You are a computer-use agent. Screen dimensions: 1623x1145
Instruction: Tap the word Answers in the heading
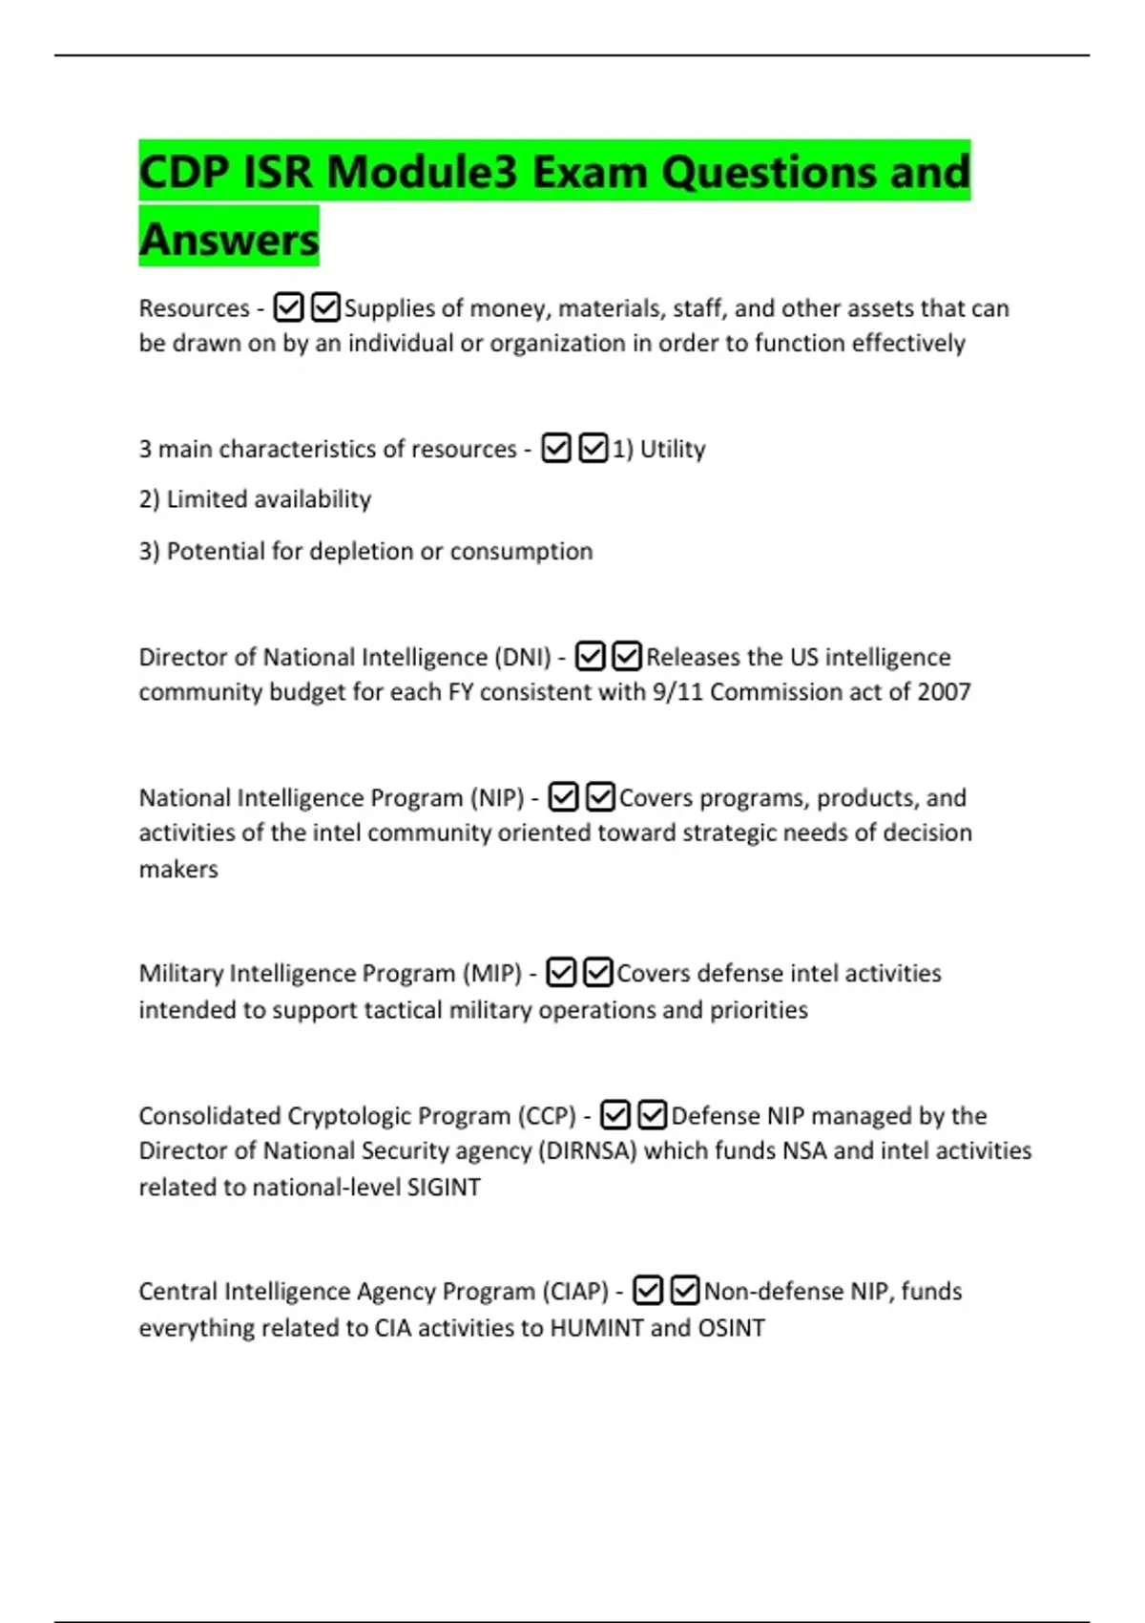(229, 239)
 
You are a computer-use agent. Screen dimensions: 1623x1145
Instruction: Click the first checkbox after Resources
(288, 307)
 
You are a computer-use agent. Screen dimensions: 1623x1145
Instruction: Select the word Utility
(673, 449)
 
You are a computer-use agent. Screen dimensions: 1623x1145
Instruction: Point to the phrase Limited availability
(268, 499)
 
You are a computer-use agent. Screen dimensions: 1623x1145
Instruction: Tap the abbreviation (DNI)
(522, 657)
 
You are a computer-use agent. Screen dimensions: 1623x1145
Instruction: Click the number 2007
(944, 691)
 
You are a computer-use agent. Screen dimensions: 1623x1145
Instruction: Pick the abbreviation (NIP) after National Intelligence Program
(497, 797)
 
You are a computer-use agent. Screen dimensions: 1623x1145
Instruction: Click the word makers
(178, 869)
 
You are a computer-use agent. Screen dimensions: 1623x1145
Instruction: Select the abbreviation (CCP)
(547, 1115)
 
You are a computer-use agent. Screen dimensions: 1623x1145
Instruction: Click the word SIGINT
(444, 1187)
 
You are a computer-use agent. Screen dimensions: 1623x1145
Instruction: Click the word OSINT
(731, 1327)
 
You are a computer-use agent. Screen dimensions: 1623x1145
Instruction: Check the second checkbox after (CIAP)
(685, 1291)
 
